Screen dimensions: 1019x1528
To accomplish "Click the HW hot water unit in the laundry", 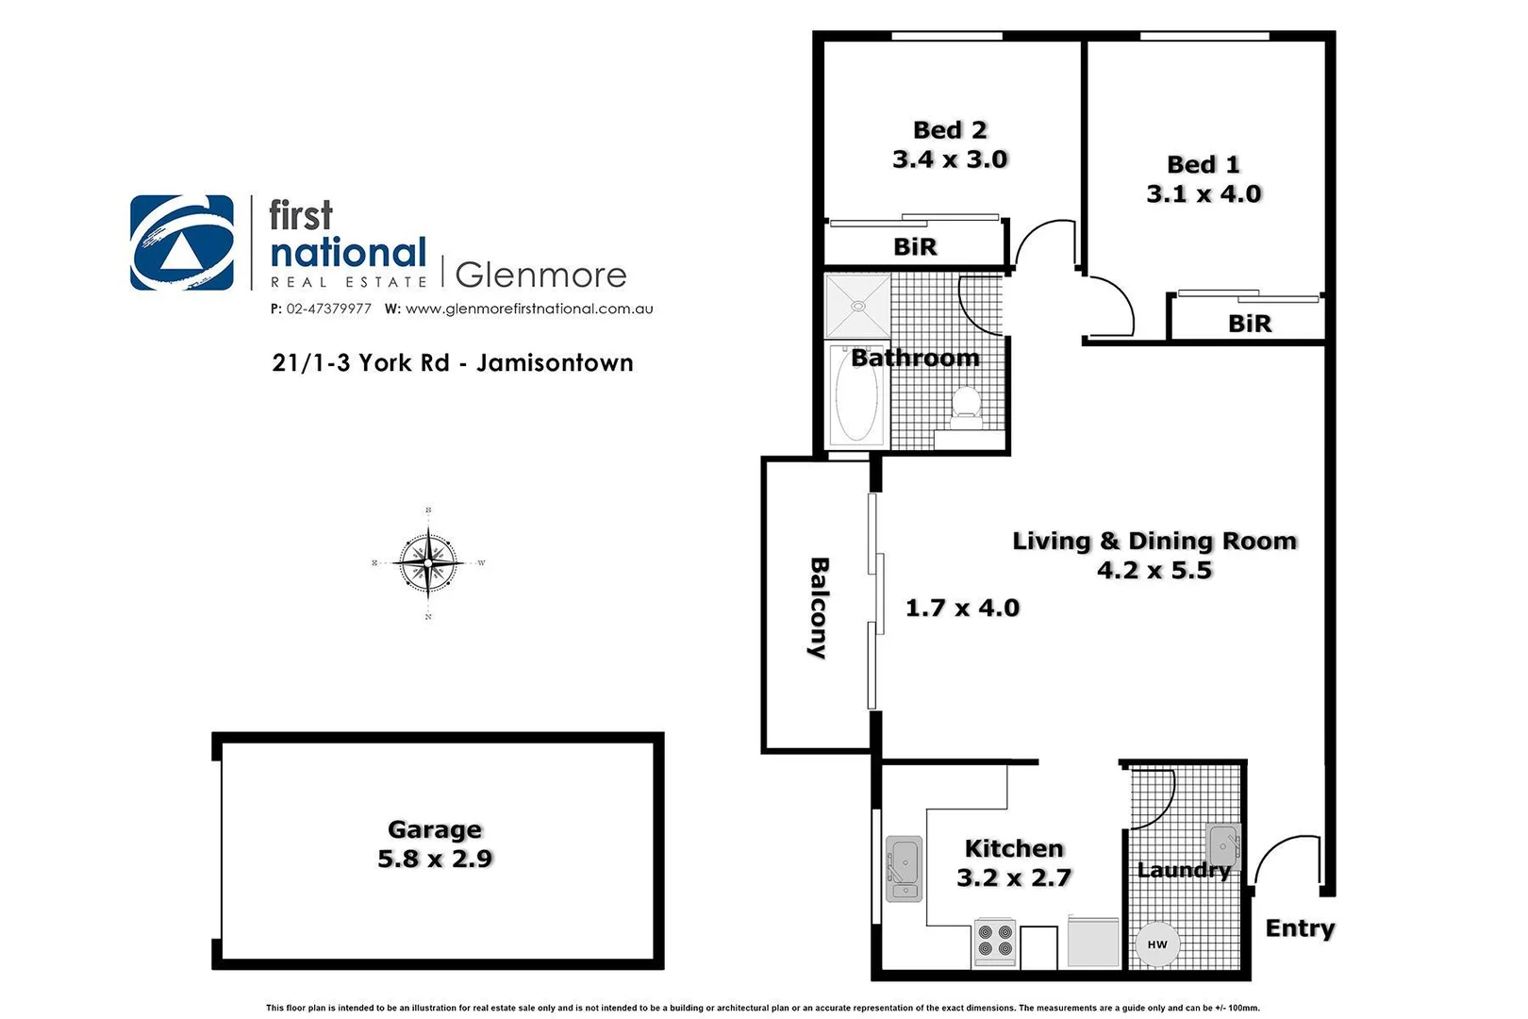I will coord(1157,944).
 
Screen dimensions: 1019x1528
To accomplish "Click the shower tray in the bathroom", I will coord(857,306).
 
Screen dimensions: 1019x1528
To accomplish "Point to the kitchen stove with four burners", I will coord(995,941).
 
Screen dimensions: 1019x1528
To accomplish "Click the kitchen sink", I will coord(905,869).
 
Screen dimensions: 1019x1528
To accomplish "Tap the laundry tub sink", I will coord(1222,843).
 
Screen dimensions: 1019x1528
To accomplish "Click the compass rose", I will coord(428,563).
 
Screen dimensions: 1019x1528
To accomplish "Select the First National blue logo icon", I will coord(182,242).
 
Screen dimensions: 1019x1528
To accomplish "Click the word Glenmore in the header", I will coord(540,275).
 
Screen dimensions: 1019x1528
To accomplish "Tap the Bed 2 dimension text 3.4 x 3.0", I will coord(950,159).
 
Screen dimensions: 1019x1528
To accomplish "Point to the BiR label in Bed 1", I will coord(1249,324).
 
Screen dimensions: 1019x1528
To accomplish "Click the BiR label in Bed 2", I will coord(915,247).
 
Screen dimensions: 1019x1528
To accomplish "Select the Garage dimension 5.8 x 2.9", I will coord(435,859).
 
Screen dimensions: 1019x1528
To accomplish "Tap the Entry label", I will coord(1300,928).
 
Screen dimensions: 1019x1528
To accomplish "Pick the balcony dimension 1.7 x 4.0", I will coord(962,608).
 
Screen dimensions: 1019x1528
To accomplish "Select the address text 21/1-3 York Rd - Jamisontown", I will coord(452,363).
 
